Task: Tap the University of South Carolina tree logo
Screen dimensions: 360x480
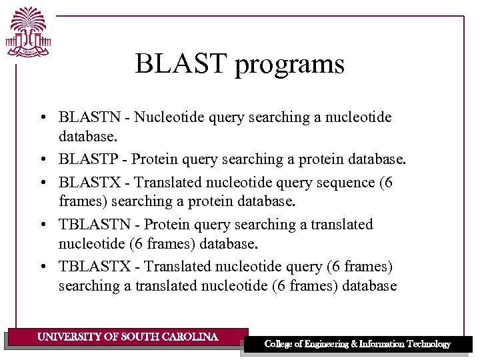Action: click(x=28, y=33)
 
